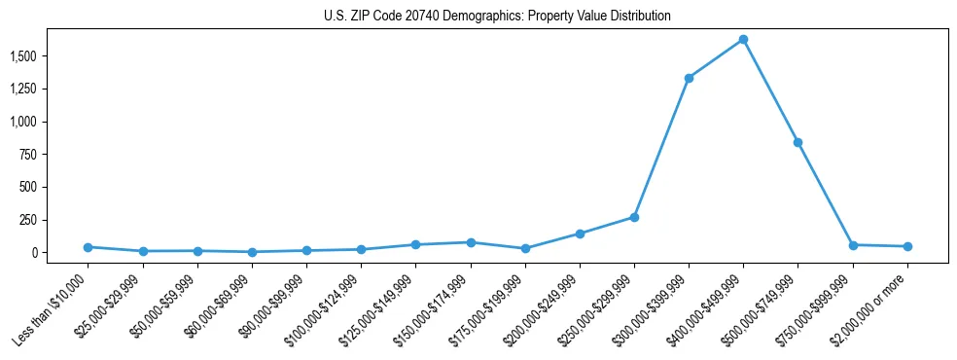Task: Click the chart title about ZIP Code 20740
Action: [x=497, y=17]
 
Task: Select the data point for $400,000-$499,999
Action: [x=743, y=40]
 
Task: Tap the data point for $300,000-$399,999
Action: [x=689, y=78]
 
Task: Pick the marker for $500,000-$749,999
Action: [x=797, y=142]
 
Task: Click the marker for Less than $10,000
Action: [x=88, y=247]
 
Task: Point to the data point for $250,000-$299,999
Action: [x=634, y=217]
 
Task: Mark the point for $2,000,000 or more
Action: [x=907, y=246]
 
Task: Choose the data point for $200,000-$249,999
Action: [x=580, y=234]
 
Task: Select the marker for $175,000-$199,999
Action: [x=525, y=248]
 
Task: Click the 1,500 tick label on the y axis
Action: [x=23, y=56]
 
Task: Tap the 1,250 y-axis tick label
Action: [x=23, y=89]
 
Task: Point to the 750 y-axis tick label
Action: [x=28, y=154]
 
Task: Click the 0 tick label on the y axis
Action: [x=36, y=252]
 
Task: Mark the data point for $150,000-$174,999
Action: [x=471, y=242]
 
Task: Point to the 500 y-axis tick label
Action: [x=28, y=187]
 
